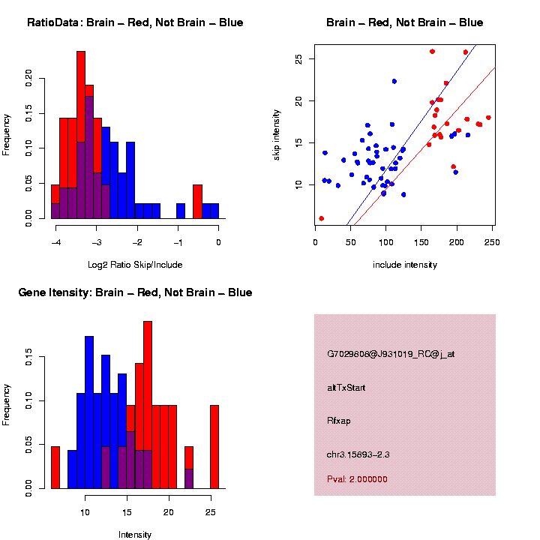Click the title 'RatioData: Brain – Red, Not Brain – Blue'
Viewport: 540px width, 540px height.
(x=135, y=22)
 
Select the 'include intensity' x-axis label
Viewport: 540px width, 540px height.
(x=404, y=264)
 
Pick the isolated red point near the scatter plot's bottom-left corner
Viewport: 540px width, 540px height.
(x=321, y=218)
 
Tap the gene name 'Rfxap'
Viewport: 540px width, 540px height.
(x=338, y=421)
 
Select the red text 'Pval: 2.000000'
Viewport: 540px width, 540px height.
(x=357, y=478)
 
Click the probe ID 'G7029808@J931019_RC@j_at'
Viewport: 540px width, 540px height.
(x=391, y=353)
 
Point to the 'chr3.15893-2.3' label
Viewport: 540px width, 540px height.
(x=358, y=454)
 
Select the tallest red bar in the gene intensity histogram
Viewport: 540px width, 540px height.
(x=148, y=367)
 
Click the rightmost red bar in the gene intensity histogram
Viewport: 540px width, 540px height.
(x=214, y=447)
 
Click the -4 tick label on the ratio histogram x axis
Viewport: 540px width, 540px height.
(x=55, y=242)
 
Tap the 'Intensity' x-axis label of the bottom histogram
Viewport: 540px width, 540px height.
(x=135, y=535)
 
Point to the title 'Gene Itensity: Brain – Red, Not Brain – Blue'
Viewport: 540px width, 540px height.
(x=135, y=292)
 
